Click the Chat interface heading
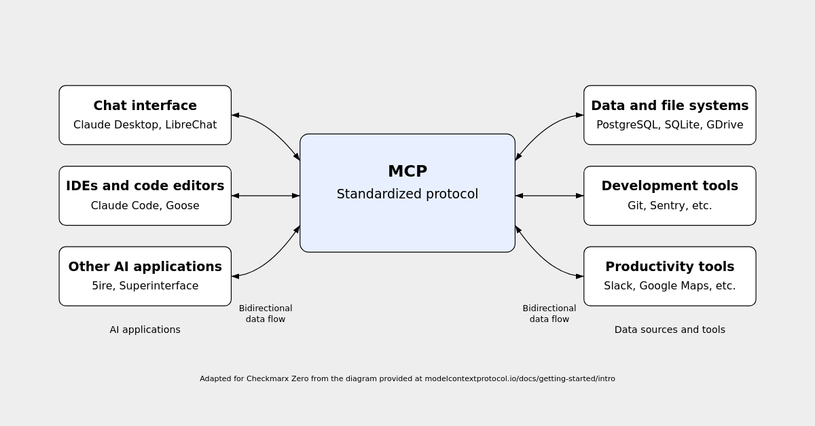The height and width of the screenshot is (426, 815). (145, 105)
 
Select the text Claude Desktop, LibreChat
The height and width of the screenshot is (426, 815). (145, 125)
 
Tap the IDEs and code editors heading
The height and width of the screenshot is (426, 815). (145, 185)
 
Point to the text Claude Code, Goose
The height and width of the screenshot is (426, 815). (145, 206)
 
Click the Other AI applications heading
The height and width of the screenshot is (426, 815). (145, 266)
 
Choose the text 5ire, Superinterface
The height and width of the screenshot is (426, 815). (145, 286)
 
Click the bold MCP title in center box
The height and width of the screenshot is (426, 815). (407, 171)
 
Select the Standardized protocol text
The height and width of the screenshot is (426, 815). (407, 194)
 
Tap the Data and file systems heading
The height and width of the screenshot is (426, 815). (669, 105)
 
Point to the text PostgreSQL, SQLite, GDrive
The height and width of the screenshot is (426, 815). (669, 125)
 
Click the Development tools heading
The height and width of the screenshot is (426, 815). (669, 185)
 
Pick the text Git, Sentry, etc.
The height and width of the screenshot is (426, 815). (669, 206)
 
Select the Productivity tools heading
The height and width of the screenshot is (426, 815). (669, 266)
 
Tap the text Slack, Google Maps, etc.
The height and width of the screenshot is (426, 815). (669, 286)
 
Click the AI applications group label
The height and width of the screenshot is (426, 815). (145, 330)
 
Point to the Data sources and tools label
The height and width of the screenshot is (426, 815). (669, 330)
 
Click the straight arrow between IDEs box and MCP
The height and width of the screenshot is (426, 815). (266, 196)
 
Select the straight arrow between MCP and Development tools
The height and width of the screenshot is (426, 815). (549, 196)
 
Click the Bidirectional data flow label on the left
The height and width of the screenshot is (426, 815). (266, 313)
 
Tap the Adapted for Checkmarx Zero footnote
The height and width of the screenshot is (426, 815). (407, 378)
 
